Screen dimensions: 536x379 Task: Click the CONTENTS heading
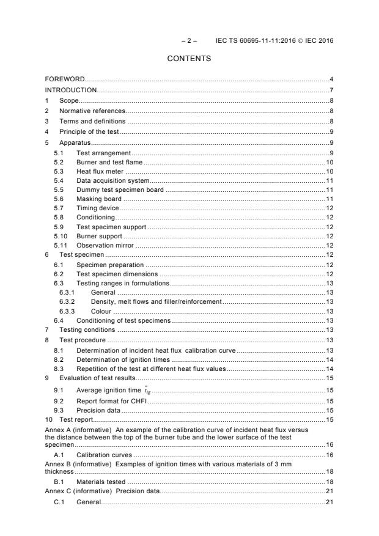coord(189,59)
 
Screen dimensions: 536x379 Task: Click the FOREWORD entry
coord(65,79)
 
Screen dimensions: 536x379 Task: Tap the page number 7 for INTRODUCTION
coord(331,90)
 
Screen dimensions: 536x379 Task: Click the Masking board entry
coord(99,199)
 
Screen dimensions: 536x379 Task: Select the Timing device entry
coord(98,209)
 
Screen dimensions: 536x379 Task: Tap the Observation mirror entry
coord(105,245)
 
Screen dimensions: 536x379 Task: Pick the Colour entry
coord(101,310)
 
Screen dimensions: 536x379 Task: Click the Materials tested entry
coord(101,482)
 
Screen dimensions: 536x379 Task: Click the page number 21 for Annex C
coord(329,491)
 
